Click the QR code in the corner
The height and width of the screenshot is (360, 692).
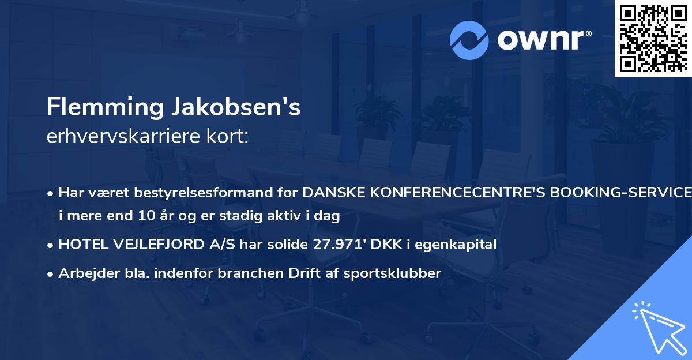(653, 39)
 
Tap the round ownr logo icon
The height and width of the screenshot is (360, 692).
(469, 40)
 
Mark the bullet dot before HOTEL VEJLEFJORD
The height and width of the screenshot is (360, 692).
(51, 245)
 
